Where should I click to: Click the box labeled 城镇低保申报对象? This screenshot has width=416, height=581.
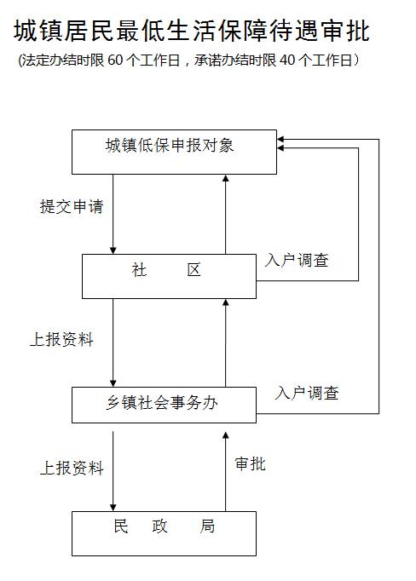174,152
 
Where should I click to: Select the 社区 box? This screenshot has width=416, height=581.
169,276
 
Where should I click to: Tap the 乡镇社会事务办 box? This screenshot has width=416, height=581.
164,405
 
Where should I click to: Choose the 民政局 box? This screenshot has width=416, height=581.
164,533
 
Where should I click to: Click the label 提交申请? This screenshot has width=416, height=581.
72,206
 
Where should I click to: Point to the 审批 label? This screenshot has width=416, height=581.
251,464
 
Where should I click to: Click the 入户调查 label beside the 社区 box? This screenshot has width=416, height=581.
297,260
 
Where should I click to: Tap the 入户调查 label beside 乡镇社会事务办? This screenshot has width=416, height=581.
307,393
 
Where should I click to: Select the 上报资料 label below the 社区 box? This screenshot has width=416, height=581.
61,339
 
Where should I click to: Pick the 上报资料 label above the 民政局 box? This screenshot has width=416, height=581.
72,468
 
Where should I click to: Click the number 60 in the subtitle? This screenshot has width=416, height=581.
115,60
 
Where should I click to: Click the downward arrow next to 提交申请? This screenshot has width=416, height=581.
113,214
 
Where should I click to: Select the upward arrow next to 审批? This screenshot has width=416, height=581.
225,472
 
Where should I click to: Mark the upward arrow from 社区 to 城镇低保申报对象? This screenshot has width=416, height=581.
225,214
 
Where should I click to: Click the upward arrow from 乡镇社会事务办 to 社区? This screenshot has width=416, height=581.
225,342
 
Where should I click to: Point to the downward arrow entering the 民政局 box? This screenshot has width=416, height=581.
113,471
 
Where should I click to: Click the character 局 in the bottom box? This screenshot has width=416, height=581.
207,526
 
